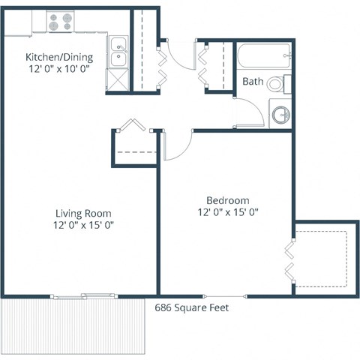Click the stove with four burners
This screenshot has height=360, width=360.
60,23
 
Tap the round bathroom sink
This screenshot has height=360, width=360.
280,115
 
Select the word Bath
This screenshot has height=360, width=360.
251,82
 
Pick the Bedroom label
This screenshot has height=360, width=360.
227,200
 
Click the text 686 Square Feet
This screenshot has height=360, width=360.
191,307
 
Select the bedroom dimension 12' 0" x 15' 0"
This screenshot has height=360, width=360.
227,213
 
